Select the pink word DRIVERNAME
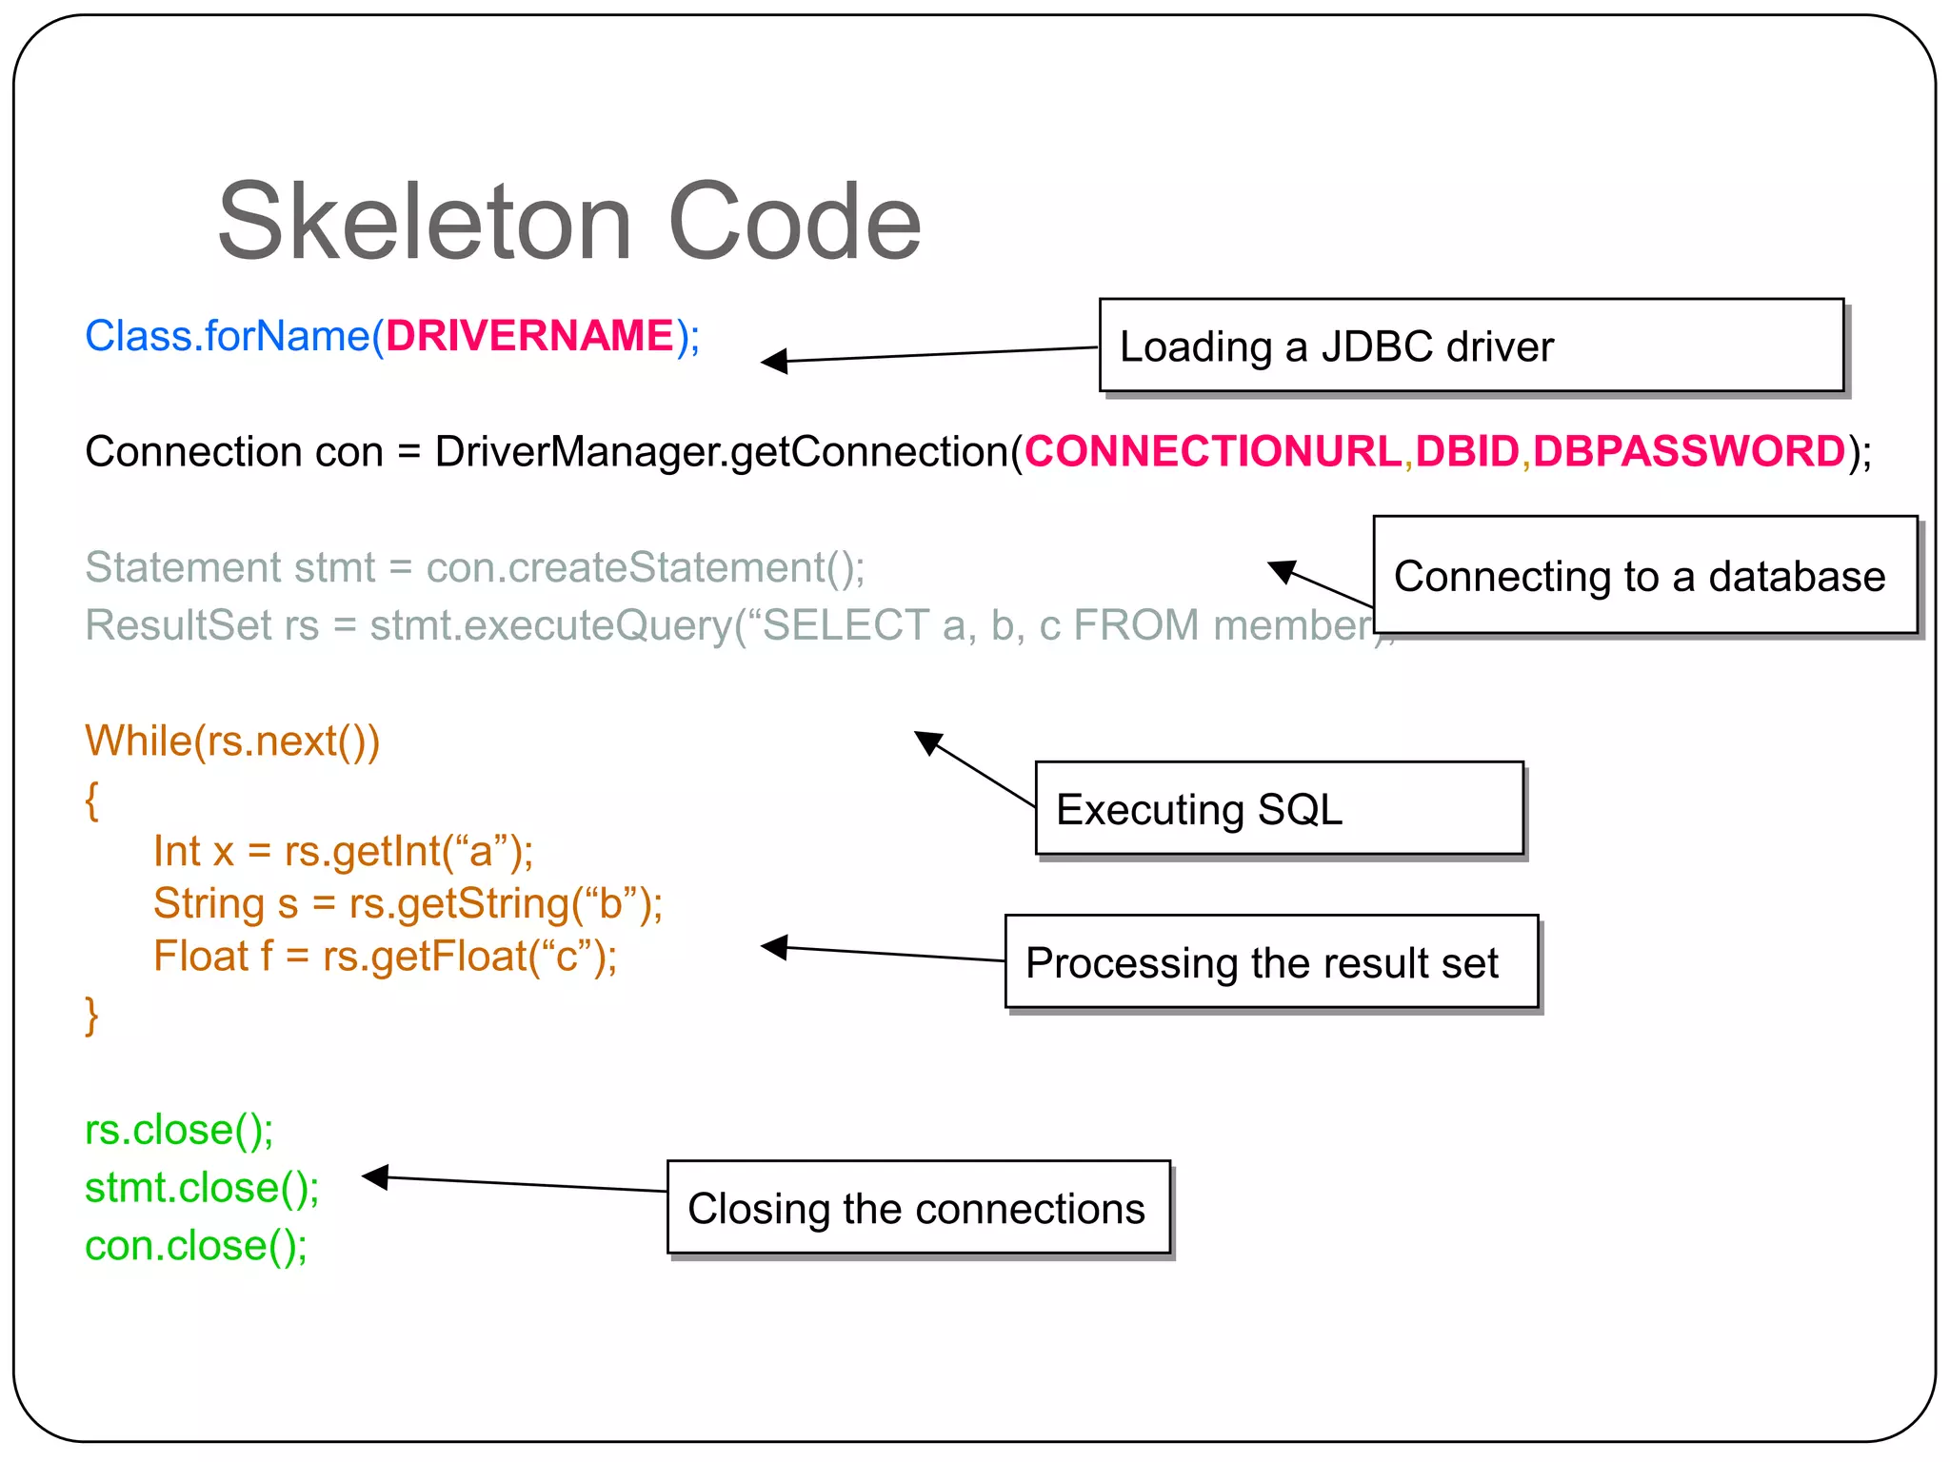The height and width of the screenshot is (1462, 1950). [x=529, y=336]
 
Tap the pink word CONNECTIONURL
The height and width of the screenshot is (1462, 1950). [x=1212, y=451]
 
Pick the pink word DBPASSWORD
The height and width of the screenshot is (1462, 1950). [x=1689, y=451]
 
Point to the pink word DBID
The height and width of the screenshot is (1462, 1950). [x=1466, y=451]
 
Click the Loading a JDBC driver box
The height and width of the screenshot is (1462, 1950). [x=1471, y=346]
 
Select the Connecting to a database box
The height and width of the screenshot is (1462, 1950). [x=1644, y=575]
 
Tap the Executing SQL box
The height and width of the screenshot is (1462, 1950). [x=1279, y=808]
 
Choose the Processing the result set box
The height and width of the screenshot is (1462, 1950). [x=1271, y=962]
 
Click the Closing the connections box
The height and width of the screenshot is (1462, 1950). [x=918, y=1208]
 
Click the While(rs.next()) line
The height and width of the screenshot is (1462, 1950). [x=232, y=741]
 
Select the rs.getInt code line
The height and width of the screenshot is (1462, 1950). [x=343, y=851]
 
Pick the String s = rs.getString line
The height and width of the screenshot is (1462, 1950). [x=408, y=903]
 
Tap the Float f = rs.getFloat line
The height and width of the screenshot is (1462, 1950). [x=385, y=956]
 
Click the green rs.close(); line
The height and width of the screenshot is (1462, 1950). [x=179, y=1130]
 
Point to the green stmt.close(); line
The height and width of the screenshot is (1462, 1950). [x=202, y=1188]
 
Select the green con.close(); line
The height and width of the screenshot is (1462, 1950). [x=196, y=1246]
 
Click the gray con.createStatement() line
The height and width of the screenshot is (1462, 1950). [x=474, y=567]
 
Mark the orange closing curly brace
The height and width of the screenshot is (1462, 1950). [x=91, y=1016]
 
